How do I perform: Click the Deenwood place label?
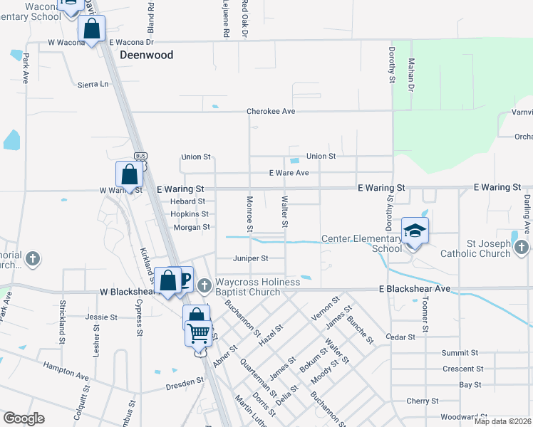coord(147,54)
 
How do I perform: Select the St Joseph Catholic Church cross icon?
coord(521,247)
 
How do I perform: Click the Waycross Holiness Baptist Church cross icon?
coord(204,285)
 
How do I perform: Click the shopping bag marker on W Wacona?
coord(92,30)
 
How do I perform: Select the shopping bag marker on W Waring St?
coord(129,174)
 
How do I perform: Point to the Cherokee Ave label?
coord(271,112)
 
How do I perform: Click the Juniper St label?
coord(250,258)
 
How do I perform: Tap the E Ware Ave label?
coord(289,173)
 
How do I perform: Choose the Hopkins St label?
coord(190,213)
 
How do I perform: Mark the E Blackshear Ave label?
coord(415,289)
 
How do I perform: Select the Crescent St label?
coord(462,369)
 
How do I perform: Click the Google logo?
coord(24,418)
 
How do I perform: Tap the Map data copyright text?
coord(503,421)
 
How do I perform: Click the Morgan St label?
coord(192,227)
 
